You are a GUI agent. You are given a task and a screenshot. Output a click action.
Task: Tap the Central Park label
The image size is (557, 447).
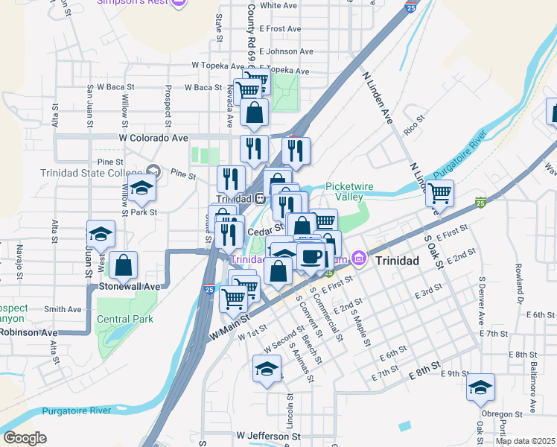[x=124, y=319]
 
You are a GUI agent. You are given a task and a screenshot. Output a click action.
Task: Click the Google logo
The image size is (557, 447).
[x=25, y=438]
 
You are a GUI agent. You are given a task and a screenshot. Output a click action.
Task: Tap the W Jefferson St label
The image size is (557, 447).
[x=268, y=435]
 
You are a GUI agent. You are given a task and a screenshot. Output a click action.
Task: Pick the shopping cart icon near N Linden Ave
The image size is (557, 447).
[x=439, y=194]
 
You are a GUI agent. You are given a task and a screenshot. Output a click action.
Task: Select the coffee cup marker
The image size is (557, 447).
[x=311, y=257]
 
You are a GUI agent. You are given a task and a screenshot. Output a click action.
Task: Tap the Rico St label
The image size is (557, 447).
[x=413, y=118]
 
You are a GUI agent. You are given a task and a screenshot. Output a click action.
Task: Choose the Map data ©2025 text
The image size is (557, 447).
[x=526, y=441]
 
